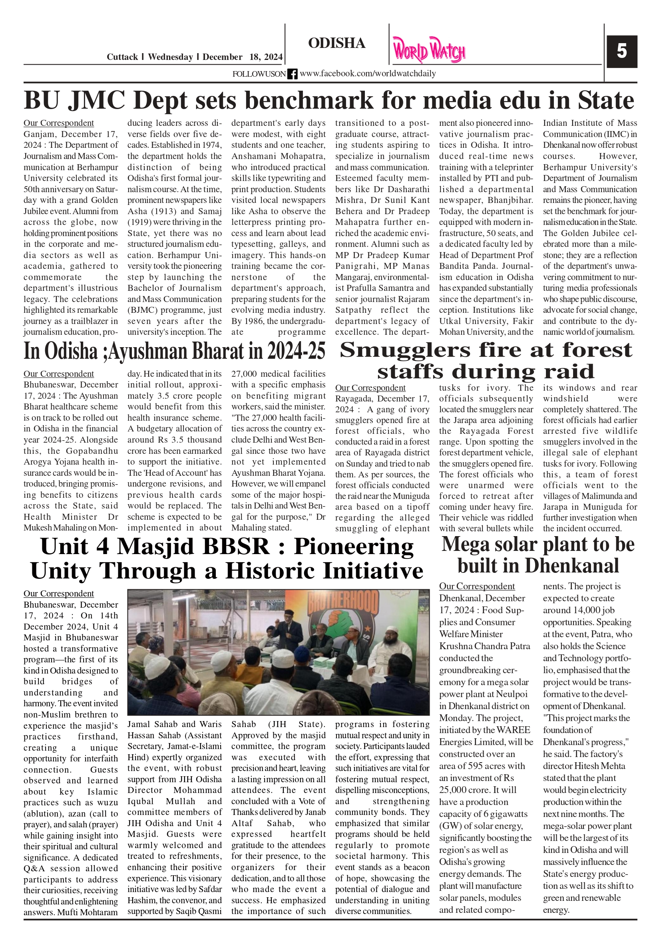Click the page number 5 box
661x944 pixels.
click(621, 52)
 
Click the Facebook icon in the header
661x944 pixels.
click(292, 74)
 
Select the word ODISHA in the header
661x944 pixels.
click(336, 43)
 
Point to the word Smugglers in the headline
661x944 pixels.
click(405, 351)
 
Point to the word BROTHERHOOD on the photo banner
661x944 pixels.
click(343, 601)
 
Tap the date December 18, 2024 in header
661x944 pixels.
click(242, 57)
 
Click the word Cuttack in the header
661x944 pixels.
click(122, 57)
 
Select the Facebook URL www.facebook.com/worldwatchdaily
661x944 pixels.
click(368, 74)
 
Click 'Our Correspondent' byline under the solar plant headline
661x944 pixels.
click(476, 586)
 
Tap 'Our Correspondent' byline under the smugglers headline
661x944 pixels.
click(370, 388)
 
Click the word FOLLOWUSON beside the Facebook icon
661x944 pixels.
click(259, 74)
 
